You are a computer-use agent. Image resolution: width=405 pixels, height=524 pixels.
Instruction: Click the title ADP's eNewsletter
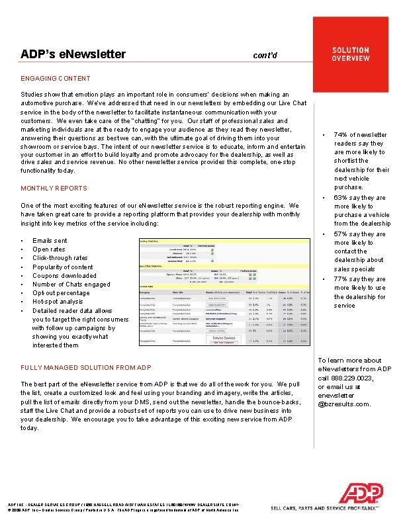point(73,54)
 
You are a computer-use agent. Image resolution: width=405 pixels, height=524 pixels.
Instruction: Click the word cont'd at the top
point(269,56)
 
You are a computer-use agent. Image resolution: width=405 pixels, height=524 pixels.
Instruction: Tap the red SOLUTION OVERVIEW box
point(351,54)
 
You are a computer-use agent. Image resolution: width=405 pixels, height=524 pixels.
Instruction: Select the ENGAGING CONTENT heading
point(56,78)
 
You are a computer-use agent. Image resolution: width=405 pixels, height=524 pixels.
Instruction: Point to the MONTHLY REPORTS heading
point(54,189)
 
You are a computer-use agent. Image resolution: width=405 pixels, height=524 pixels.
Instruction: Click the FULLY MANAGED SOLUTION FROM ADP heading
point(86,367)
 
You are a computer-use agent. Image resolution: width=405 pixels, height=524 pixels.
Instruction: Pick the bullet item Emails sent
point(50,241)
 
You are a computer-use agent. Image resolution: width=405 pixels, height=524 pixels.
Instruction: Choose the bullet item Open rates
point(49,249)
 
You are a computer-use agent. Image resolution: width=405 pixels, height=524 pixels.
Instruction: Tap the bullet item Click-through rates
point(60,258)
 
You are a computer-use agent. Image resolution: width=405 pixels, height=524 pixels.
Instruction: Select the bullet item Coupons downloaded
point(64,276)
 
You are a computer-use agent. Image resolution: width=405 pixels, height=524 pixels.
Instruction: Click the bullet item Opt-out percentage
point(61,293)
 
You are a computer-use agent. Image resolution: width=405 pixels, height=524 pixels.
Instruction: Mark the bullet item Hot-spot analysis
point(58,302)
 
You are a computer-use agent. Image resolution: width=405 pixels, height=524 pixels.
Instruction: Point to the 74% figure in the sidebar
point(342,135)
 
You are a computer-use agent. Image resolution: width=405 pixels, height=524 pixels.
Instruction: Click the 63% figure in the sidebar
point(342,198)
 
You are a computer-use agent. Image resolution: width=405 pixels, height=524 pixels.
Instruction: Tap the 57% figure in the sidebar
point(342,234)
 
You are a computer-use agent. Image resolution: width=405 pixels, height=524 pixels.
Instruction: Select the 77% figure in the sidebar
point(342,279)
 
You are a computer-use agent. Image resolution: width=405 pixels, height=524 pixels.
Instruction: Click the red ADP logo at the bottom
point(361,494)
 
